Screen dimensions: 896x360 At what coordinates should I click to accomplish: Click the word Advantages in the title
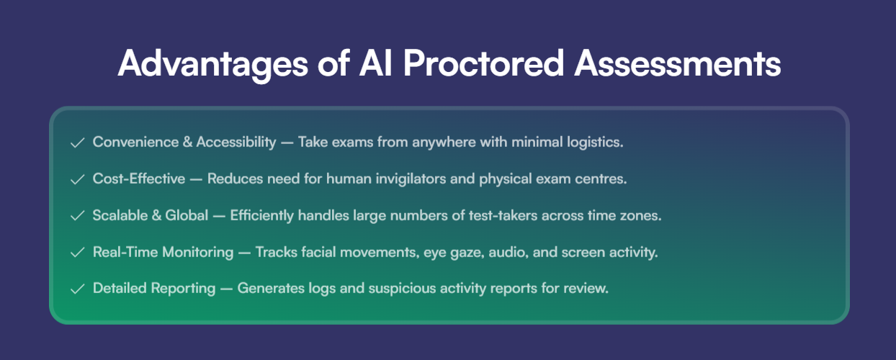212,64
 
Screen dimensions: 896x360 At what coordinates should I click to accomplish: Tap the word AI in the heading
375,63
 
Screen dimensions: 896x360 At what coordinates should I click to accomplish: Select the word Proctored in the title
483,63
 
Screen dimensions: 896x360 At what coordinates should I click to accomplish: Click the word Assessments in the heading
677,63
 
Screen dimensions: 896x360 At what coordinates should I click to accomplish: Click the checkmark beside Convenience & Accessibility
77,143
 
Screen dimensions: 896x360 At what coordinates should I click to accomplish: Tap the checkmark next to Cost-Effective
77,179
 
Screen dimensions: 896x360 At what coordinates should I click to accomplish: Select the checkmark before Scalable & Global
77,216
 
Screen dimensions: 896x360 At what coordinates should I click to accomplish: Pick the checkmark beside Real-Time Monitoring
77,253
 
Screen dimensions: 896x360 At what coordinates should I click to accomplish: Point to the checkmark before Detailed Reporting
77,289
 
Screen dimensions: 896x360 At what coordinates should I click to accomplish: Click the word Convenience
135,142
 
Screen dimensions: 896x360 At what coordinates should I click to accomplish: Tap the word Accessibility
236,143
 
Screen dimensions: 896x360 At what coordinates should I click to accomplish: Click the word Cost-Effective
139,179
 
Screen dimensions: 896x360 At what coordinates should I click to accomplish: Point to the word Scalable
120,215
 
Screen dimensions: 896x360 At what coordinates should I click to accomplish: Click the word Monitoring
197,253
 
